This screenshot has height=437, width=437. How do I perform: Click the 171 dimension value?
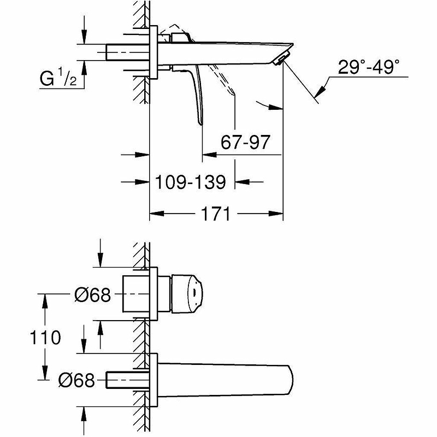tap(215, 214)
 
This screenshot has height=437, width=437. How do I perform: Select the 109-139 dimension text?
tap(190, 182)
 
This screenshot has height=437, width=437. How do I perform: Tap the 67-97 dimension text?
tap(245, 142)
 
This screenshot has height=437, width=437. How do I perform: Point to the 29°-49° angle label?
tap(368, 67)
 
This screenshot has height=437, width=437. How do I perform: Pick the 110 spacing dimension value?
tap(45, 337)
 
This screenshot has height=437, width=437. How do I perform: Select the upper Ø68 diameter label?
tap(93, 294)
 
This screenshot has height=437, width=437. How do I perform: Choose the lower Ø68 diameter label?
tap(76, 380)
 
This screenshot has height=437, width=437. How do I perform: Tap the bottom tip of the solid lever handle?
tap(199, 123)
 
